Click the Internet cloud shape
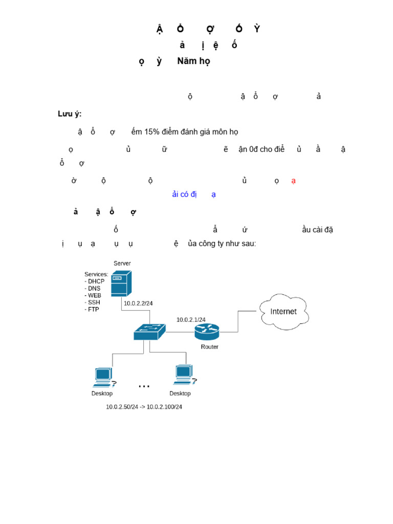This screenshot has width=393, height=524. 283,311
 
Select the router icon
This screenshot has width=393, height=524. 207,332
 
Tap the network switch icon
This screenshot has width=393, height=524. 149,332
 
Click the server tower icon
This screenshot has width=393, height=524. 121,283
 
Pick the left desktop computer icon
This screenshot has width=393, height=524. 103,377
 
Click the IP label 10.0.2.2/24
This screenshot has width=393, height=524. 138,303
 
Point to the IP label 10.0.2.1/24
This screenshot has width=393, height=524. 191,320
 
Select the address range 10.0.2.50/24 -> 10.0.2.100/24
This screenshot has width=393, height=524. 144,407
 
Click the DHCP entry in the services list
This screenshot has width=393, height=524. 95,281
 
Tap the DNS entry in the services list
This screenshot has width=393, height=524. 94,289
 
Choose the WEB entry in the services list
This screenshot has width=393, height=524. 94,295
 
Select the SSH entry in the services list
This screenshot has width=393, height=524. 94,302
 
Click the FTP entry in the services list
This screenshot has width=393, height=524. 93,310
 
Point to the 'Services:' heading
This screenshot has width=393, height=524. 96,274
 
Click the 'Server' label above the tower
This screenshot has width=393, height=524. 122,264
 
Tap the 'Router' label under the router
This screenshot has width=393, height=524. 209,347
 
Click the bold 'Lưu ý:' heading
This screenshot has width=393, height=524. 70,114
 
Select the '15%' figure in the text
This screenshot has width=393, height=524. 152,132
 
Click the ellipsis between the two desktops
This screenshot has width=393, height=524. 144,386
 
